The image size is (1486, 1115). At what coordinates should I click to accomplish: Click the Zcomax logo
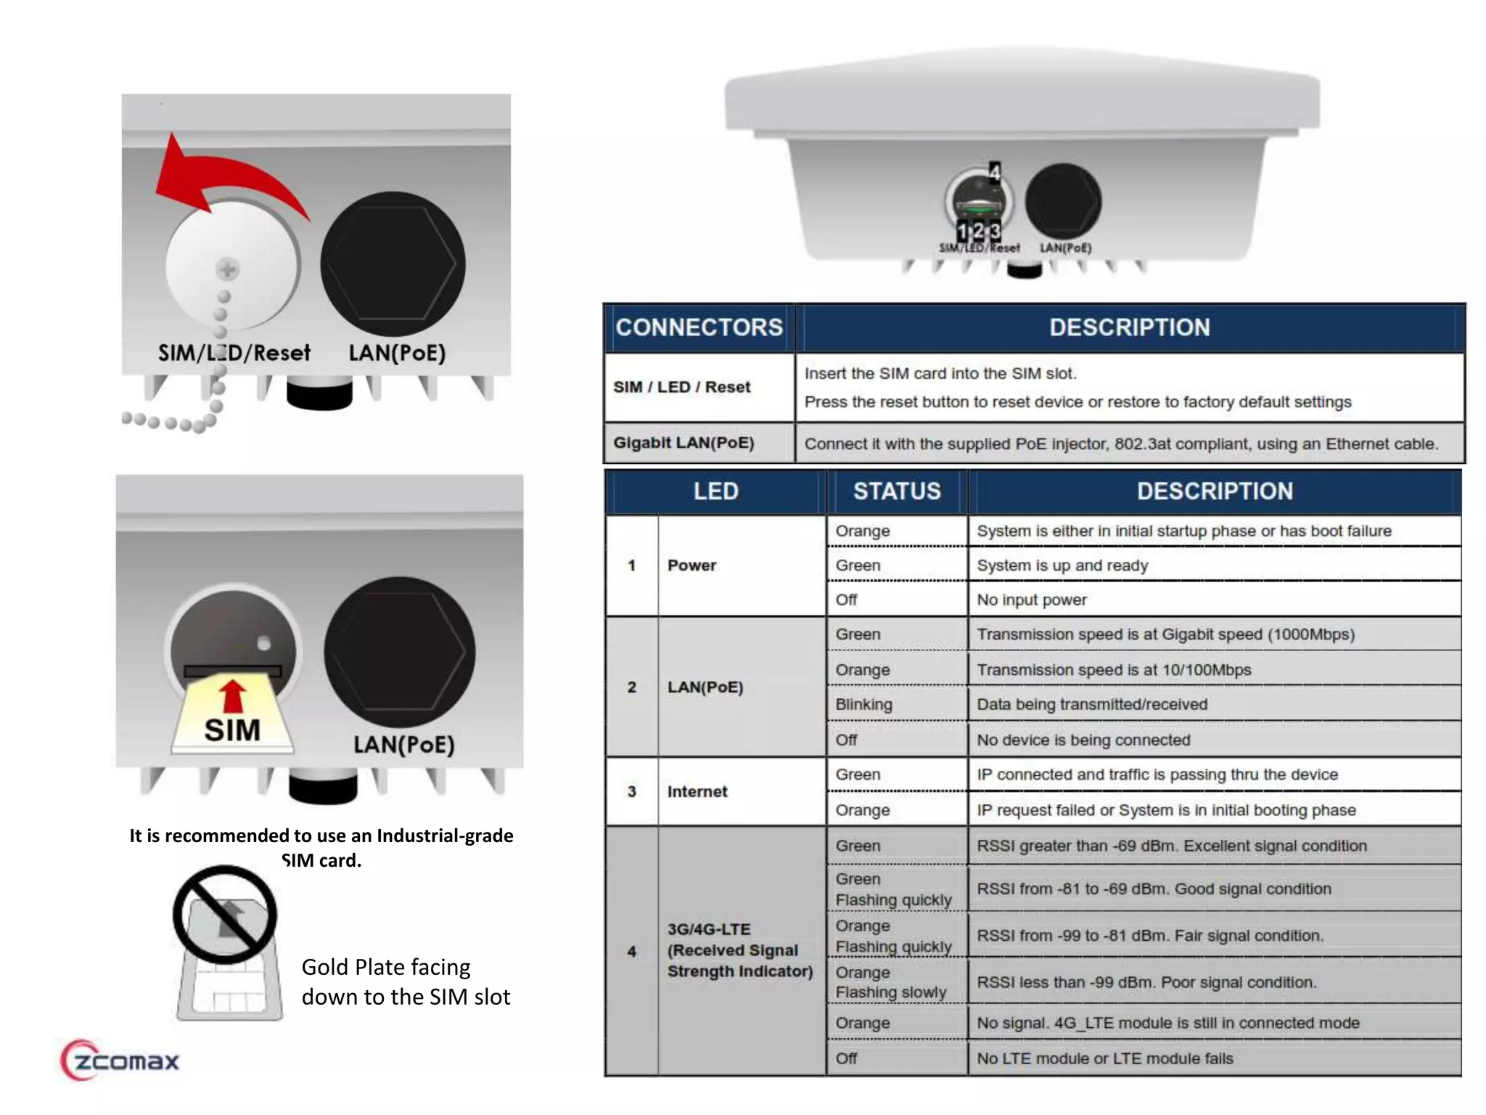120,1061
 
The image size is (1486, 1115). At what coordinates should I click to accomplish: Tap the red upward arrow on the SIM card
232,695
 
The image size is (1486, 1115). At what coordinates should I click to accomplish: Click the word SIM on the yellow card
232,730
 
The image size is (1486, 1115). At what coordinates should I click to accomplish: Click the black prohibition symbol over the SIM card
225,915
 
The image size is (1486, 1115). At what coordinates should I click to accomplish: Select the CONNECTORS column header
699,327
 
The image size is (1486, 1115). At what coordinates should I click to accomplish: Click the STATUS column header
897,491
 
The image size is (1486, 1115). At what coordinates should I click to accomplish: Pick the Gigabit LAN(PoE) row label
684,443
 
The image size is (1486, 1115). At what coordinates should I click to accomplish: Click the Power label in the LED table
691,565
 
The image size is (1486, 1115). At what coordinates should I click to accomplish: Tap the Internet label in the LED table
697,792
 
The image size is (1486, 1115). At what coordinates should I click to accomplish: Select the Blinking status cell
863,704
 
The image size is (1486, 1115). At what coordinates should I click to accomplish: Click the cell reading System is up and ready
1062,565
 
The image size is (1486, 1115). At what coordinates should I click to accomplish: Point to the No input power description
1031,600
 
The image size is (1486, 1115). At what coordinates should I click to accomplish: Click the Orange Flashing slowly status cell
891,982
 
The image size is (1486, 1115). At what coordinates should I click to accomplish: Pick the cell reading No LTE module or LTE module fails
1104,1058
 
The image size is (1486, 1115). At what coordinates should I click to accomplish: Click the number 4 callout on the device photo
995,172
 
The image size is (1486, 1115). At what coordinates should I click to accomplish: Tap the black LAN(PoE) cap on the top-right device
1063,201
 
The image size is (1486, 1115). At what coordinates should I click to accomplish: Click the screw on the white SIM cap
228,270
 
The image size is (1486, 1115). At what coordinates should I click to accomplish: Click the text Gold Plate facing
385,967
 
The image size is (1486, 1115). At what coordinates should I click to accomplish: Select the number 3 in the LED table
631,792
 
